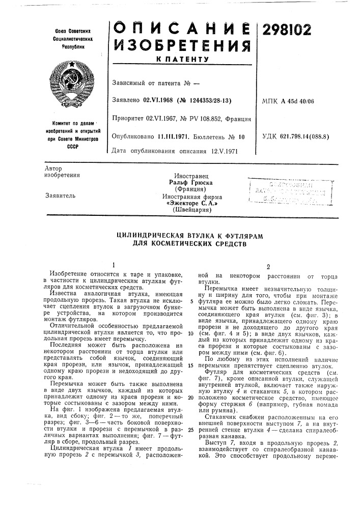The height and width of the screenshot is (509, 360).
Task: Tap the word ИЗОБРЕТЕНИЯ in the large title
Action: click(181, 48)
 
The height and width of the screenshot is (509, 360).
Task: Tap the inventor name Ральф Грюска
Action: click(191, 182)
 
